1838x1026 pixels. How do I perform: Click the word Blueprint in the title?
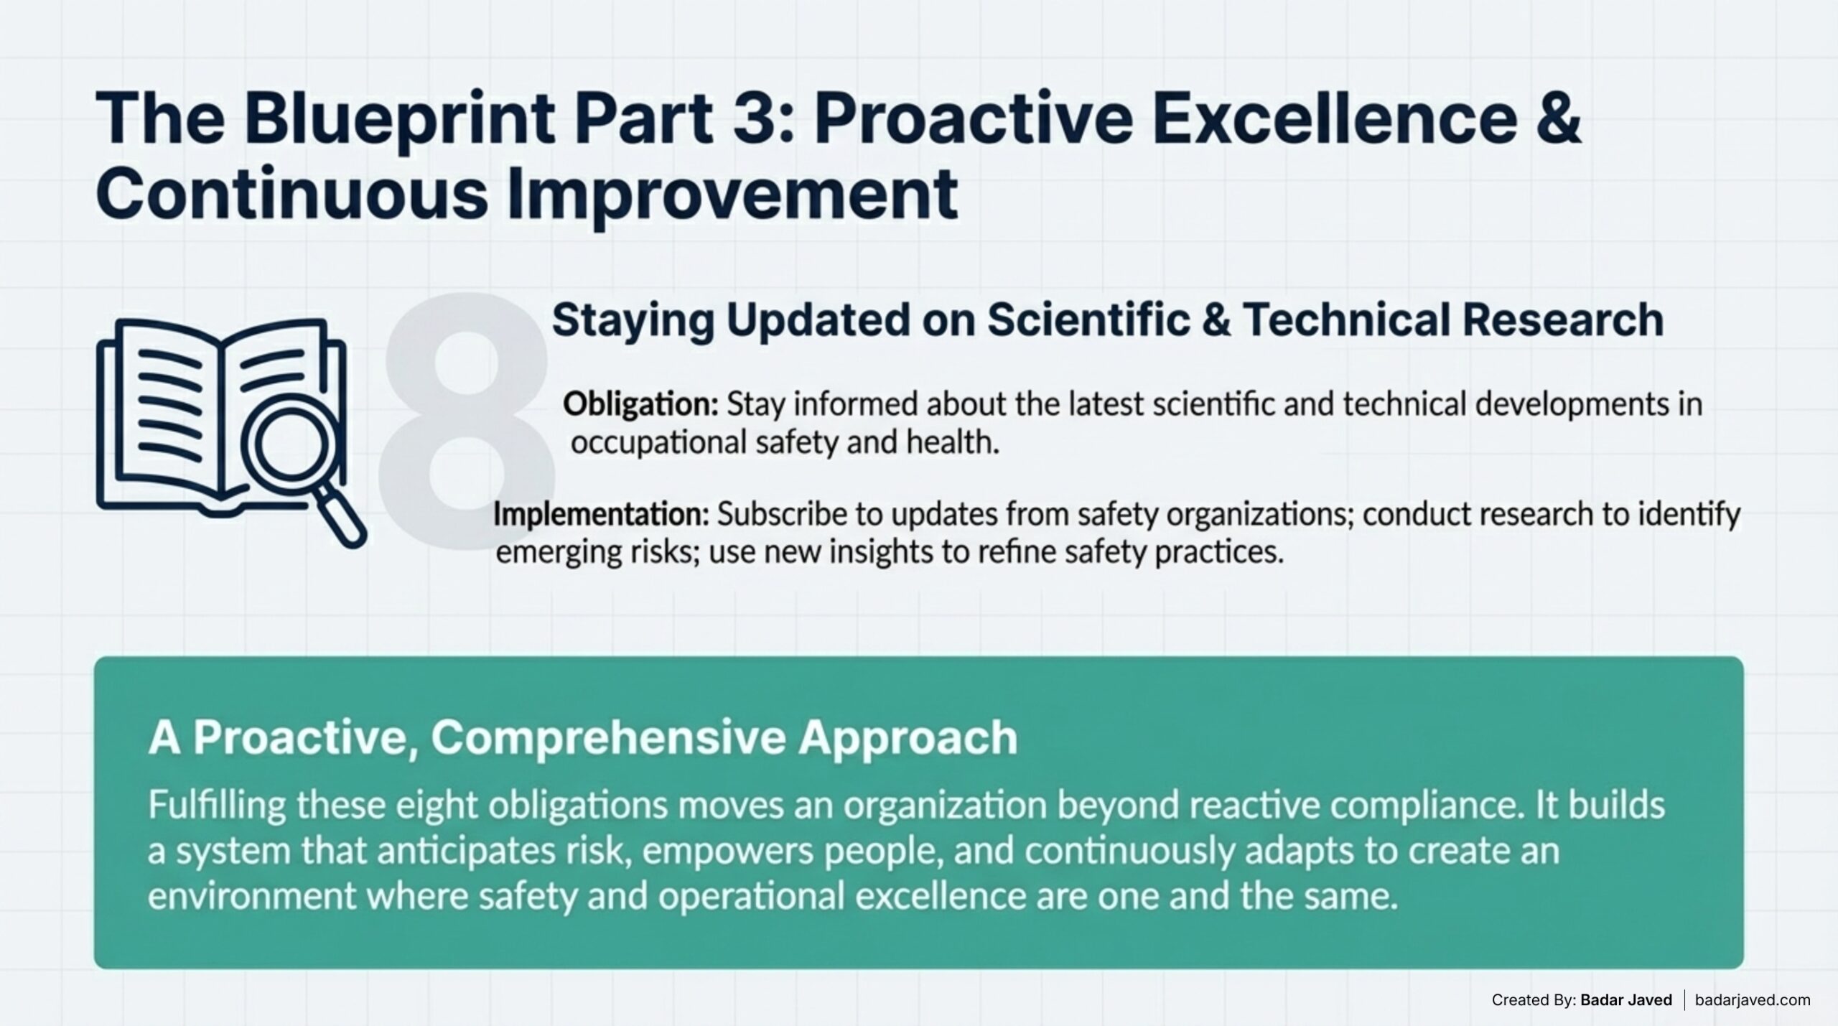point(398,120)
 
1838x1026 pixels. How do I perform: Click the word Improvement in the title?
point(732,194)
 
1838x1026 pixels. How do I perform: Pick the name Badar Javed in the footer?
point(1626,999)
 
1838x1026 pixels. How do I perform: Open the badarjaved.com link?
point(1753,999)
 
